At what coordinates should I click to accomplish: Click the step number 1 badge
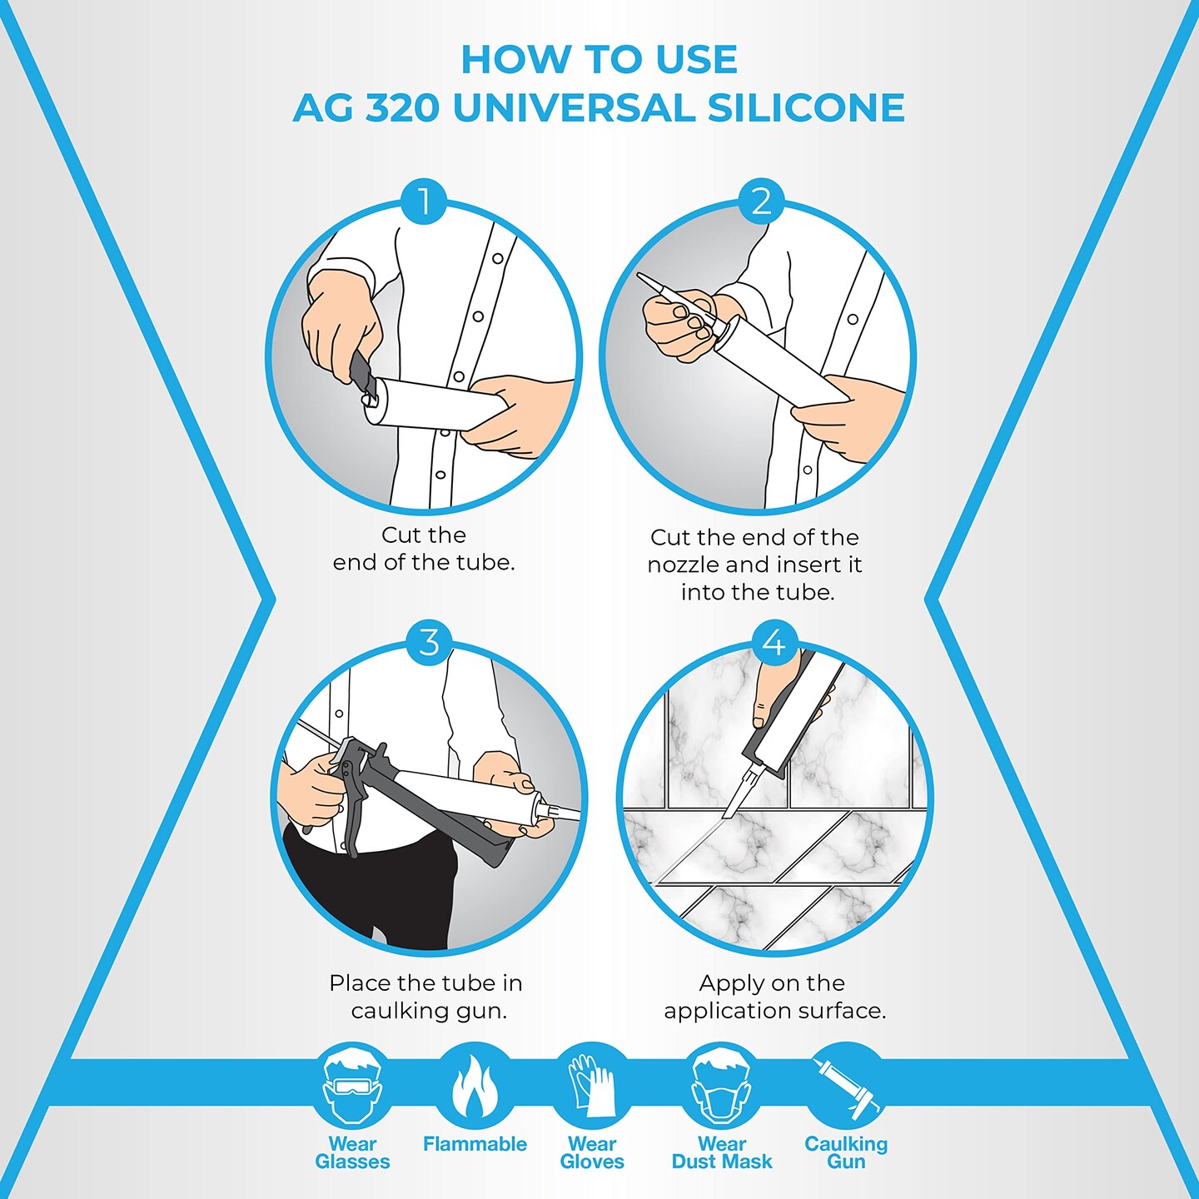pos(424,201)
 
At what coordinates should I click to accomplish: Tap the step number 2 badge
pos(761,201)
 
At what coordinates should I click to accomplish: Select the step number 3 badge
pos(429,642)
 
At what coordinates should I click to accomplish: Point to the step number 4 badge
pos(774,642)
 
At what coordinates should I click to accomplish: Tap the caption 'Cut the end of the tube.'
pos(424,549)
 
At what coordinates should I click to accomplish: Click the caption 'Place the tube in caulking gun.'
pos(426,997)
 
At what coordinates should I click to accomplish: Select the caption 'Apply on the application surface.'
pos(774,997)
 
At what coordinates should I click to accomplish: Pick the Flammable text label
pos(475,1144)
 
